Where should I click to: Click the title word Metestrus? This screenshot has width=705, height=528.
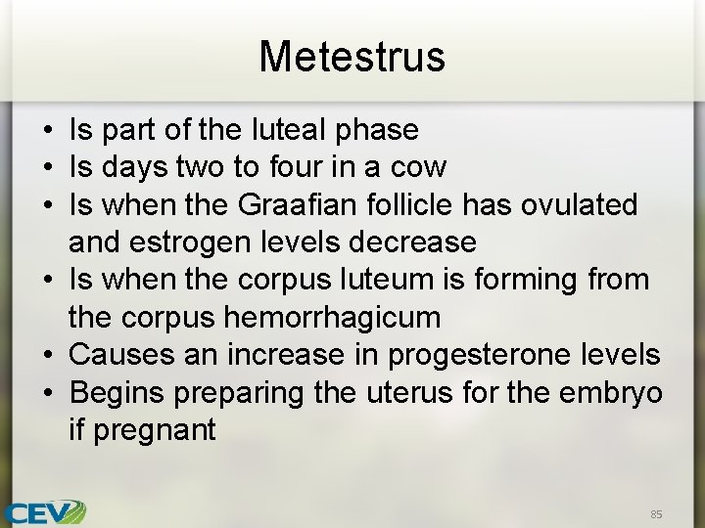(x=352, y=56)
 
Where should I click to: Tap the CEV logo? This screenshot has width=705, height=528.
(x=43, y=511)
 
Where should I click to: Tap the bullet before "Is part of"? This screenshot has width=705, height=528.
(x=48, y=130)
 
